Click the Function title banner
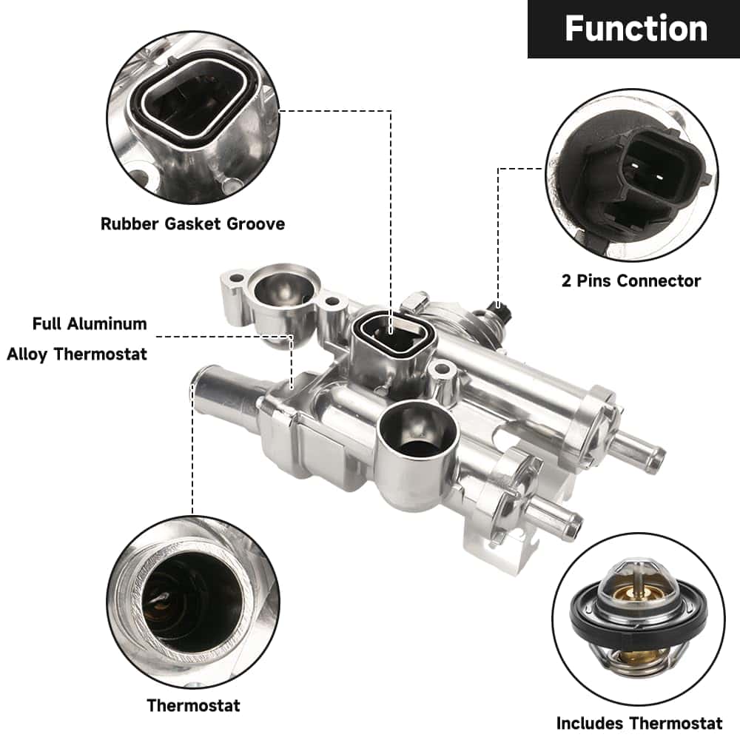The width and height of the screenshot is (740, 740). click(x=634, y=29)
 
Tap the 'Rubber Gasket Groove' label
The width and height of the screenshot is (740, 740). click(x=192, y=223)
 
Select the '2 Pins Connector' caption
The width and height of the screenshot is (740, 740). click(x=630, y=280)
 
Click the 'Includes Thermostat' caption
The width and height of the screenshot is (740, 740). click(x=639, y=722)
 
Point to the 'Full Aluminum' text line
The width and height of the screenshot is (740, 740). click(x=90, y=323)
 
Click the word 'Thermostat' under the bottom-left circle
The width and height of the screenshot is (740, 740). click(x=193, y=705)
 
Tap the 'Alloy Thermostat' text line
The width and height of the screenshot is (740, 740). click(x=77, y=354)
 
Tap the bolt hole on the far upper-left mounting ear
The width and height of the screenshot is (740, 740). click(x=236, y=280)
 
